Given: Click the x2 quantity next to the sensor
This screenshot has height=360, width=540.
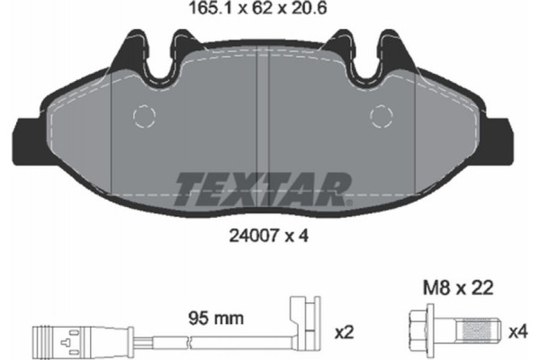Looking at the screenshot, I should tap(345, 332).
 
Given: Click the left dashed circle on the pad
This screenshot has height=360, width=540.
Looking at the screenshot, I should tap(144, 116).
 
